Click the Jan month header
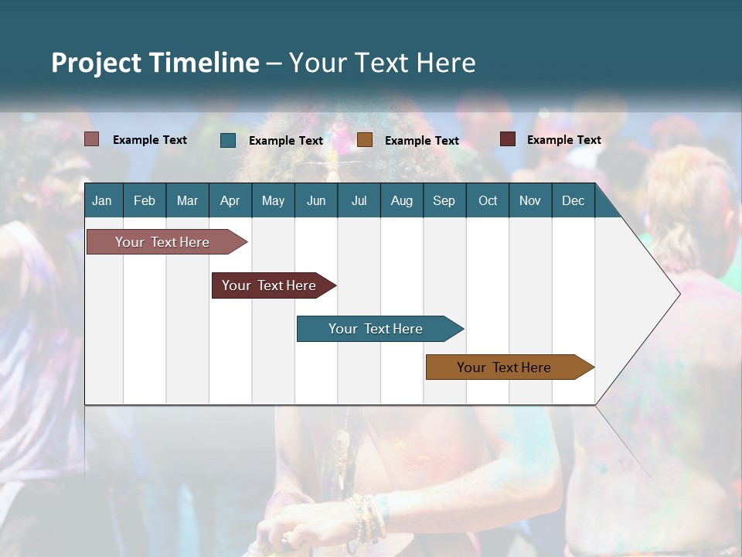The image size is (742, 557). coord(102,200)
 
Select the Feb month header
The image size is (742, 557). coord(145,200)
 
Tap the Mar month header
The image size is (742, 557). coord(187,200)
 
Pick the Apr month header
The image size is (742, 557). coord(230,200)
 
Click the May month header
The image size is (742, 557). coord(273,200)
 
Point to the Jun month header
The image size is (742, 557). coord(316,200)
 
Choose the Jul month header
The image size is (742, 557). coord(359,200)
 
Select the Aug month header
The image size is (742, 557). coord(401,200)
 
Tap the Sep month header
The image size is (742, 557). coord(444,200)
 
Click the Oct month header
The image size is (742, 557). coord(488,200)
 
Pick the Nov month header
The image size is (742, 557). coord(529,200)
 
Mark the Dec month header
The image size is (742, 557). coord(573,200)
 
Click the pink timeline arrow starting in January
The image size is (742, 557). coord(163,242)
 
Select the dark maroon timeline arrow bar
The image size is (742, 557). coord(270,285)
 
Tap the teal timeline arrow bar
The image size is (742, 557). coord(376,329)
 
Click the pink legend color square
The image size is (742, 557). coord(92,139)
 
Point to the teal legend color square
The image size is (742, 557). coord(228,140)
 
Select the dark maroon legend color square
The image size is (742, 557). coord(508,139)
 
